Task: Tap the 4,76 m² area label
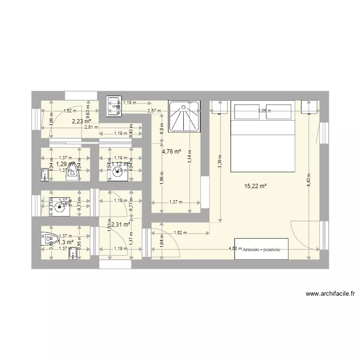coord(171,152)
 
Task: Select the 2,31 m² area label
coord(121,224)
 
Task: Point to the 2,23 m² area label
coord(80,121)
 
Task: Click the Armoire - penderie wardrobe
coord(261,249)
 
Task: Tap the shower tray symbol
coord(184,116)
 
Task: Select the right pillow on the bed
coord(279,111)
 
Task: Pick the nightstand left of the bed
coord(219,107)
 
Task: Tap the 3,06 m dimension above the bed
coord(264,111)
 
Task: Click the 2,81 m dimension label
coord(91,127)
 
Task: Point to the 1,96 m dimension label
coord(162,178)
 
